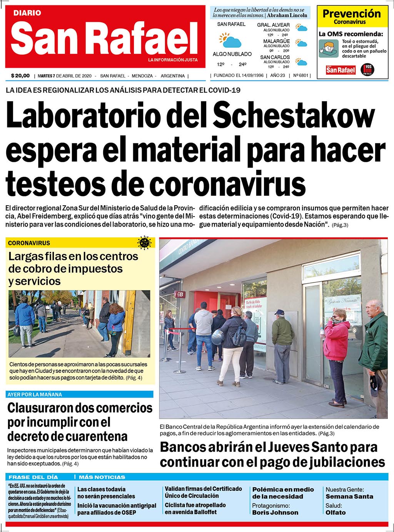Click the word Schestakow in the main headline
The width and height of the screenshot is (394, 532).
294,115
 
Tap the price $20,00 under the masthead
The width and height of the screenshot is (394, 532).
20,76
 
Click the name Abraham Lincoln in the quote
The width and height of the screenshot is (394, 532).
287,15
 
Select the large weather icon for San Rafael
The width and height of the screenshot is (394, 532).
230,40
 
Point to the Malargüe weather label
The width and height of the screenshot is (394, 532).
276,41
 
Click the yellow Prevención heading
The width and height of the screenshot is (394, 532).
351,14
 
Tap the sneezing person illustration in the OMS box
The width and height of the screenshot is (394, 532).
328,49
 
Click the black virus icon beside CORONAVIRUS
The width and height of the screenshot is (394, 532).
144,243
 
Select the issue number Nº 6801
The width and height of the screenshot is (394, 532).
301,76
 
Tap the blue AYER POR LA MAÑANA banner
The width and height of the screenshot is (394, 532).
80,394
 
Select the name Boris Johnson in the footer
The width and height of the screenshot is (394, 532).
275,512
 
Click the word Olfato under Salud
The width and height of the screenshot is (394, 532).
336,512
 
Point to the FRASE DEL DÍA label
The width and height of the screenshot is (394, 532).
33,477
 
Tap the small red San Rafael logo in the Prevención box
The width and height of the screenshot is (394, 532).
341,70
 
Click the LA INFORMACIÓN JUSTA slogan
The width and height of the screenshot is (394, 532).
173,60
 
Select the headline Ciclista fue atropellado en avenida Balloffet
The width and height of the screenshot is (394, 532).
195,509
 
